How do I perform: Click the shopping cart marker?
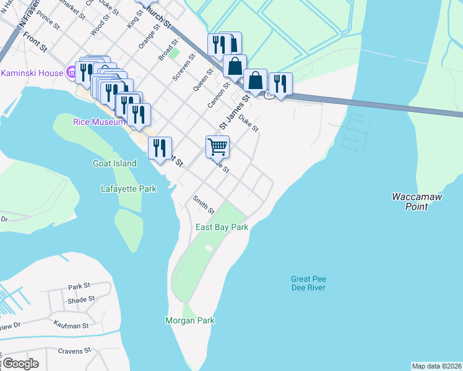point(217,147)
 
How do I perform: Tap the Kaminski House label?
point(32,73)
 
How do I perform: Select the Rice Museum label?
point(95,122)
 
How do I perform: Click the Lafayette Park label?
point(128,189)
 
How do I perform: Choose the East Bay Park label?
point(222,228)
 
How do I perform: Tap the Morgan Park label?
point(189,320)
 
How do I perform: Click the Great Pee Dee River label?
point(308,283)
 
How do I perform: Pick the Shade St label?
point(81,299)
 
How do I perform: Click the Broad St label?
point(168,50)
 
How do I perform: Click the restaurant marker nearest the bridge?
point(280,83)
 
